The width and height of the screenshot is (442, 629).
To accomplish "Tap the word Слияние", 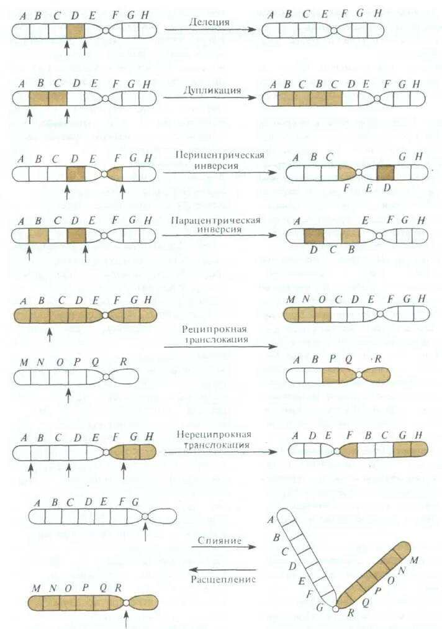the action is pos(220,541).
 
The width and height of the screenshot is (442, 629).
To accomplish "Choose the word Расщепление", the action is pos(223,579).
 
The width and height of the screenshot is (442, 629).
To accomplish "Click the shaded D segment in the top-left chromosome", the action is pos(75,30).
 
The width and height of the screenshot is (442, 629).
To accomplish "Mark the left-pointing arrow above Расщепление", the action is pos(223,569).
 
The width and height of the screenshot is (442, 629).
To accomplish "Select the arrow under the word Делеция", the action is pos(211,30).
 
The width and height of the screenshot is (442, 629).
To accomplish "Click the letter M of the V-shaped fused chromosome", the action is pos(414,561).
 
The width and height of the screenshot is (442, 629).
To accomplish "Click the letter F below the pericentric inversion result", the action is pos(346,187).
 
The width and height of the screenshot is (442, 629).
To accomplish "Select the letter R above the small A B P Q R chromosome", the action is pos(377,359).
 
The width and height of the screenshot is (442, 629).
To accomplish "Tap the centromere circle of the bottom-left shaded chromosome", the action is pos(126,603).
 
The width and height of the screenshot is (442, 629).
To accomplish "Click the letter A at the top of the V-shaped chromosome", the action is pos(271,520).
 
